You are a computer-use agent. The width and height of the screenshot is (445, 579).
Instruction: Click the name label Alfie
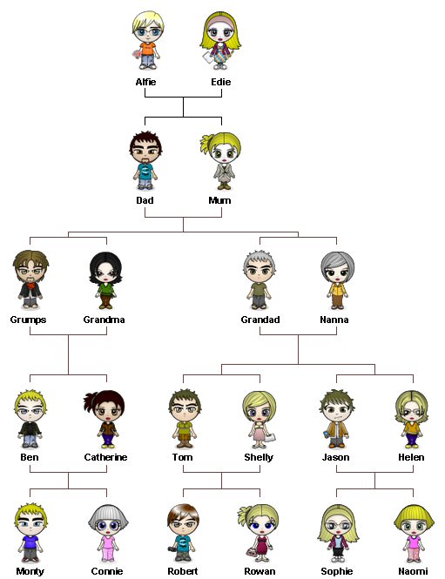coord(145,82)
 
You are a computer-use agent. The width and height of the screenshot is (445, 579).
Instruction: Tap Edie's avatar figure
coord(220,41)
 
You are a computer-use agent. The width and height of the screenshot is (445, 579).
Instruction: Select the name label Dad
coord(145,200)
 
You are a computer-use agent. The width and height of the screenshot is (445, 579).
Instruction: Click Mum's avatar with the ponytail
coord(221,161)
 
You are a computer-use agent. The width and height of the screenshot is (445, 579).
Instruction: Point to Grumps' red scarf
coord(31,285)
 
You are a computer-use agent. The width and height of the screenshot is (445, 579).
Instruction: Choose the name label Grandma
coord(104,320)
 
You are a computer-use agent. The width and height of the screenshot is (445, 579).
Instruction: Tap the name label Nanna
coord(334,320)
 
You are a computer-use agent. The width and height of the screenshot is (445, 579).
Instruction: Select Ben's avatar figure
coord(30,419)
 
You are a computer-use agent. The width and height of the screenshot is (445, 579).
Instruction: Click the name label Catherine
coord(105,457)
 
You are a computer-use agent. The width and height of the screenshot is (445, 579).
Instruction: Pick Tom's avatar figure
coord(185,419)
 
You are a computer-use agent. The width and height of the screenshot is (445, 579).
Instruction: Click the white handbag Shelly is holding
coord(270,438)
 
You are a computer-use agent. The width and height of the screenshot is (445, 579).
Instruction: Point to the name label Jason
coord(335,457)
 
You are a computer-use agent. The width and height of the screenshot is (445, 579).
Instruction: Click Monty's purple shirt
coord(30,542)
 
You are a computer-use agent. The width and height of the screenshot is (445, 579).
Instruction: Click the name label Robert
coord(183,571)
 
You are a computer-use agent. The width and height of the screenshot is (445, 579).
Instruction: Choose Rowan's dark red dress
coord(261,547)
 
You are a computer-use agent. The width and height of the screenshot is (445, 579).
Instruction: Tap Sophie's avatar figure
coord(338,534)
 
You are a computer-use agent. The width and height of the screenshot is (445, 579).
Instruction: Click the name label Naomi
coord(413,571)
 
